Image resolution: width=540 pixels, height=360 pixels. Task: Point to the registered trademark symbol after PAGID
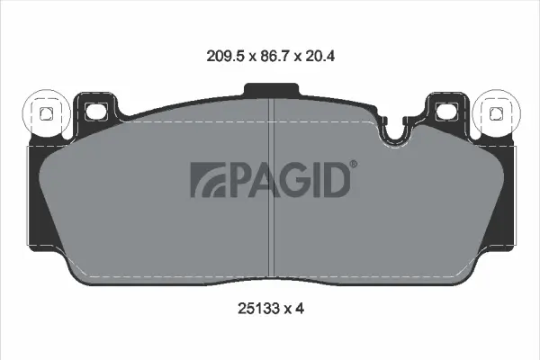pyautogui.click(x=353, y=165)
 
